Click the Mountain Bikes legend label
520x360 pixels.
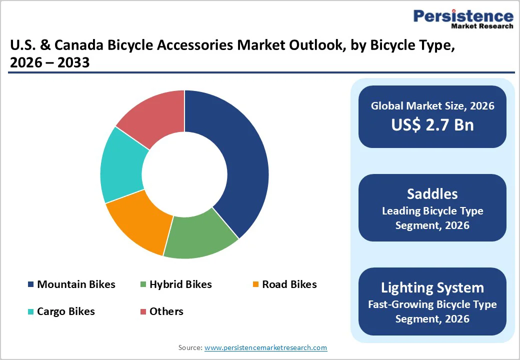(76, 284)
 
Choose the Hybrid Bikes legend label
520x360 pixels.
(180, 284)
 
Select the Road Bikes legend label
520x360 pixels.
(289, 284)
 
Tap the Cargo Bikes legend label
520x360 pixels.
(65, 311)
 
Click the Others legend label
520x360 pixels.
(166, 311)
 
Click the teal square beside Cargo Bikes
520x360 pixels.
(31, 312)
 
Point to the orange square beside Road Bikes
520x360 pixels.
(255, 285)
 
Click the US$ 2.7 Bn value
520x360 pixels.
(432, 124)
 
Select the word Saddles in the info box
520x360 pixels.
(432, 193)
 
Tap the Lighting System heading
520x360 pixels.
(432, 287)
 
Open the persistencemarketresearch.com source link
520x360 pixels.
(265, 347)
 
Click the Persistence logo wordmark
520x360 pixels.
(463, 16)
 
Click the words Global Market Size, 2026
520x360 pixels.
(432, 106)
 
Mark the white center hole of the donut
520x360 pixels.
(184, 174)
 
